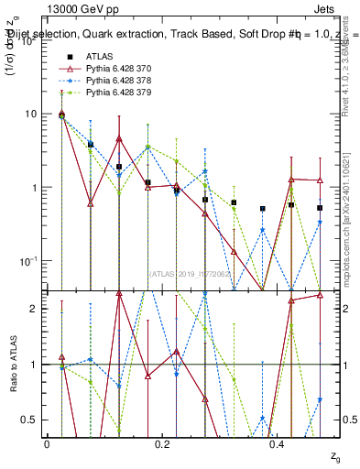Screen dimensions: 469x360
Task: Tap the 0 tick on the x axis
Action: pyautogui.click(x=47, y=443)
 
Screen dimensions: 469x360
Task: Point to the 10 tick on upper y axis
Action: pyautogui.click(x=31, y=114)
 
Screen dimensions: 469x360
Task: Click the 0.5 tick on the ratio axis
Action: pyautogui.click(x=29, y=420)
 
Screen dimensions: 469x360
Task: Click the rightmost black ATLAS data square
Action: pyautogui.click(x=320, y=208)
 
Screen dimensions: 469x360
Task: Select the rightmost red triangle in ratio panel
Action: pyautogui.click(x=320, y=295)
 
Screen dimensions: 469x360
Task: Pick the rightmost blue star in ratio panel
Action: pyautogui.click(x=320, y=399)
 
